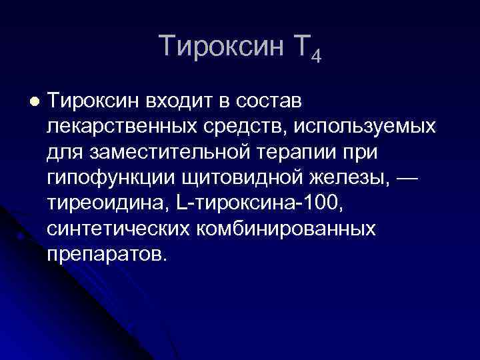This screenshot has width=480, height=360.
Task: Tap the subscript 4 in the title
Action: (x=315, y=56)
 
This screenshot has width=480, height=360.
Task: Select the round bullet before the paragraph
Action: (x=34, y=101)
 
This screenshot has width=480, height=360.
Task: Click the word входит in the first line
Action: (x=176, y=101)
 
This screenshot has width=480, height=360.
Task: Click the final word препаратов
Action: (x=104, y=255)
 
